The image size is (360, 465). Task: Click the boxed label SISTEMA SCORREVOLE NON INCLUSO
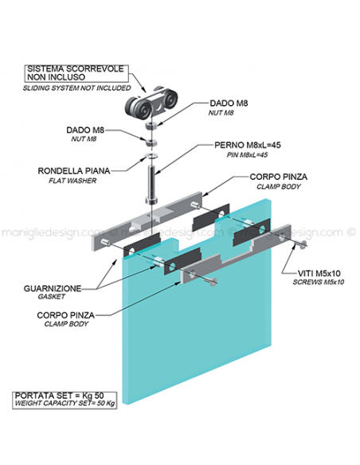(x=76, y=73)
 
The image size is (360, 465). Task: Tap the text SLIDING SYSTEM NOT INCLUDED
(x=76, y=88)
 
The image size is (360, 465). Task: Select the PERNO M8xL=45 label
(x=248, y=145)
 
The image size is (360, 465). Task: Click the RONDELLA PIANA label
(x=74, y=171)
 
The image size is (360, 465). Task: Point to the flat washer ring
(x=151, y=156)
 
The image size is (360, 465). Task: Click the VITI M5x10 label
(x=319, y=273)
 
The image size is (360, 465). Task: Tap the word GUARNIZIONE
(x=53, y=288)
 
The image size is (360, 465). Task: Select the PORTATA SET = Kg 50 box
(x=65, y=401)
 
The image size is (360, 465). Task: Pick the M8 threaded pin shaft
(x=151, y=184)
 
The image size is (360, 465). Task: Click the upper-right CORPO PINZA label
(x=279, y=177)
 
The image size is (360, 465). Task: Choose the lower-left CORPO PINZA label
(x=66, y=315)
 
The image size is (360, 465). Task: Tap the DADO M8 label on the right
(x=229, y=104)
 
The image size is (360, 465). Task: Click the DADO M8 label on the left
(x=85, y=131)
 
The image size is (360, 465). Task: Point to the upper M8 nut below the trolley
(x=151, y=125)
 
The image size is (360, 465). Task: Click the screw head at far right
(x=303, y=244)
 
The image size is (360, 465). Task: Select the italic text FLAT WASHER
(x=72, y=181)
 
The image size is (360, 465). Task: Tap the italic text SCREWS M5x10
(x=319, y=282)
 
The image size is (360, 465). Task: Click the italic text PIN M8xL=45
(x=248, y=154)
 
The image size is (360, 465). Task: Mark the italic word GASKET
(x=51, y=296)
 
